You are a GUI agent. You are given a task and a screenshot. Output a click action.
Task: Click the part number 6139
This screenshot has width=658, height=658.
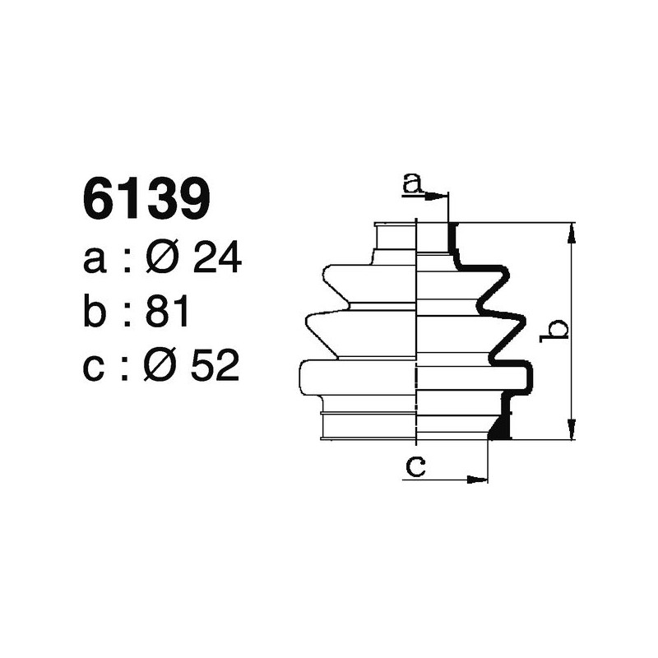147,200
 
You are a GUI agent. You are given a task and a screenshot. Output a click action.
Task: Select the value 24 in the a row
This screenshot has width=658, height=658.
216,261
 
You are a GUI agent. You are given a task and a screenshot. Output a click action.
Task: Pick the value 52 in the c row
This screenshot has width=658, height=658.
215,367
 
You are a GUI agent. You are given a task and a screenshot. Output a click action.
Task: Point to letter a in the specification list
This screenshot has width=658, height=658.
95,262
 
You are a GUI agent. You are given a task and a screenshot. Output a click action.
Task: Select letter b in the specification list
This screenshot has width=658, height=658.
96,313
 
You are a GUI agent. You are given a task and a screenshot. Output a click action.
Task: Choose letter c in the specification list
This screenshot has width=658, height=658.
95,368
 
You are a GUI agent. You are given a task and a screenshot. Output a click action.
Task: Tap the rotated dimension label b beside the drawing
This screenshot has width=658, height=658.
558,330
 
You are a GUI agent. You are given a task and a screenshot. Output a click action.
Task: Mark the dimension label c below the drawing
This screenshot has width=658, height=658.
416,467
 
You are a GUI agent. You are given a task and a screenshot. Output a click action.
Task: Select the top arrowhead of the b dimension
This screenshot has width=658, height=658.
571,231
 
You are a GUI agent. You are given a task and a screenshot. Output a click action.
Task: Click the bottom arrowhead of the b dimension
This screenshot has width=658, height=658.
571,431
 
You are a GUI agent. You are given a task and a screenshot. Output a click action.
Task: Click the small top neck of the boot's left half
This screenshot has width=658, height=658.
396,239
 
